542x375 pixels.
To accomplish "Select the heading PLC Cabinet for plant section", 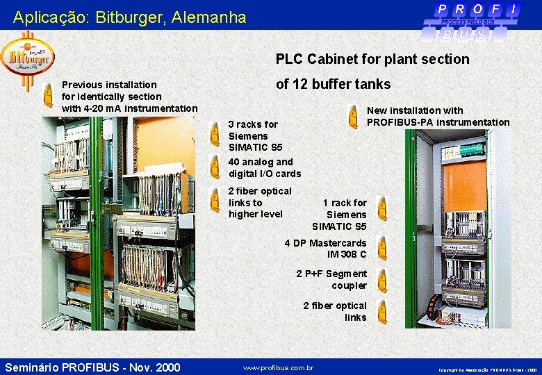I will click(x=372, y=59).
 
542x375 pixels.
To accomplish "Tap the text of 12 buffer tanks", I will click(x=333, y=84).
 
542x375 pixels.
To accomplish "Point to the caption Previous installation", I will click(x=109, y=85).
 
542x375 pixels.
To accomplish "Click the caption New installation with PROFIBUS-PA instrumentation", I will click(x=438, y=116).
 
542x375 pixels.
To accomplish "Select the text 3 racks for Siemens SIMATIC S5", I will click(x=256, y=136).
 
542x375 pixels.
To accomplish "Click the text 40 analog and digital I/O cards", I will click(x=265, y=167).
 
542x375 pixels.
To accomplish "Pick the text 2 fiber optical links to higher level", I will click(x=260, y=202).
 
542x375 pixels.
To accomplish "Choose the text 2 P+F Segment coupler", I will click(x=331, y=279).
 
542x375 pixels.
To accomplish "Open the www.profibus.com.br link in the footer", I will click(x=278, y=367).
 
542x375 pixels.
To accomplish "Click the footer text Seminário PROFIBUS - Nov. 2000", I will click(x=92, y=367).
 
